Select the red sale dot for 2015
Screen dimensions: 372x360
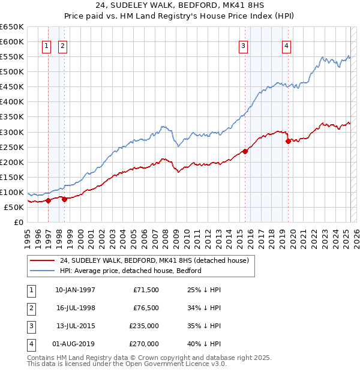245,151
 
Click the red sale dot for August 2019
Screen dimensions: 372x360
288,142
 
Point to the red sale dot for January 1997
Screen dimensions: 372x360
48,200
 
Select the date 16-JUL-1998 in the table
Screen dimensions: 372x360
75,308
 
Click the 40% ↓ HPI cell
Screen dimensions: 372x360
205,344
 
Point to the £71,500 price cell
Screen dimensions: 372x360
146,290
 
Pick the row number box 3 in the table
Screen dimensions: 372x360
31,326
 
